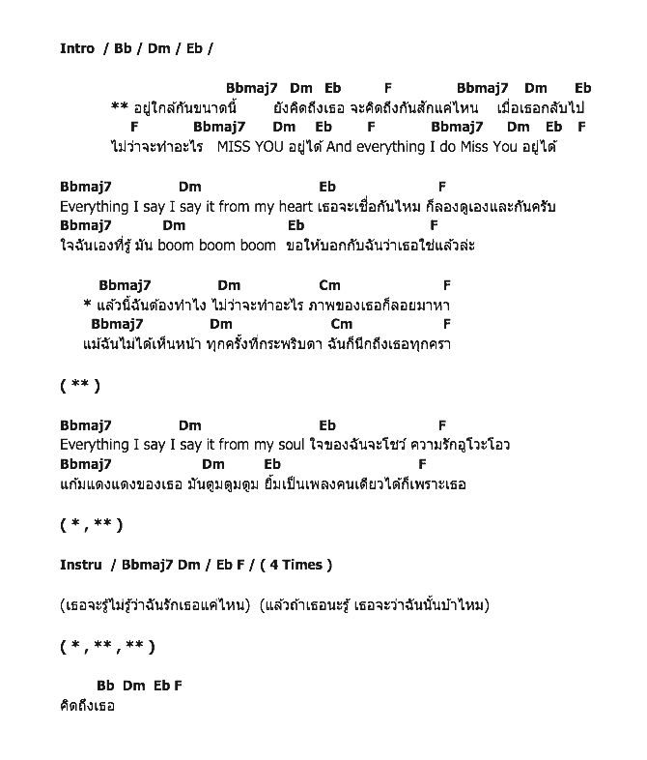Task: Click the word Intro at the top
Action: (77, 48)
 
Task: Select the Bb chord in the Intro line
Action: (122, 48)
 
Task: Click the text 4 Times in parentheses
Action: (300, 565)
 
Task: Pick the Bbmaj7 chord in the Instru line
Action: (148, 565)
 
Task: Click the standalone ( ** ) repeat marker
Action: (80, 386)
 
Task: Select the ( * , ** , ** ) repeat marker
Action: (106, 646)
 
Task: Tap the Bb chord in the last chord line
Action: (105, 686)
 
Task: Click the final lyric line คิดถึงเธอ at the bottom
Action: (87, 706)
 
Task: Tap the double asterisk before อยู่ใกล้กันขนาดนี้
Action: (120, 107)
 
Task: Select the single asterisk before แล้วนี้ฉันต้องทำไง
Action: (88, 306)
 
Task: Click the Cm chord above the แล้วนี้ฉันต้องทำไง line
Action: (329, 285)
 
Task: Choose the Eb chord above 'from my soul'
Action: (327, 425)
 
